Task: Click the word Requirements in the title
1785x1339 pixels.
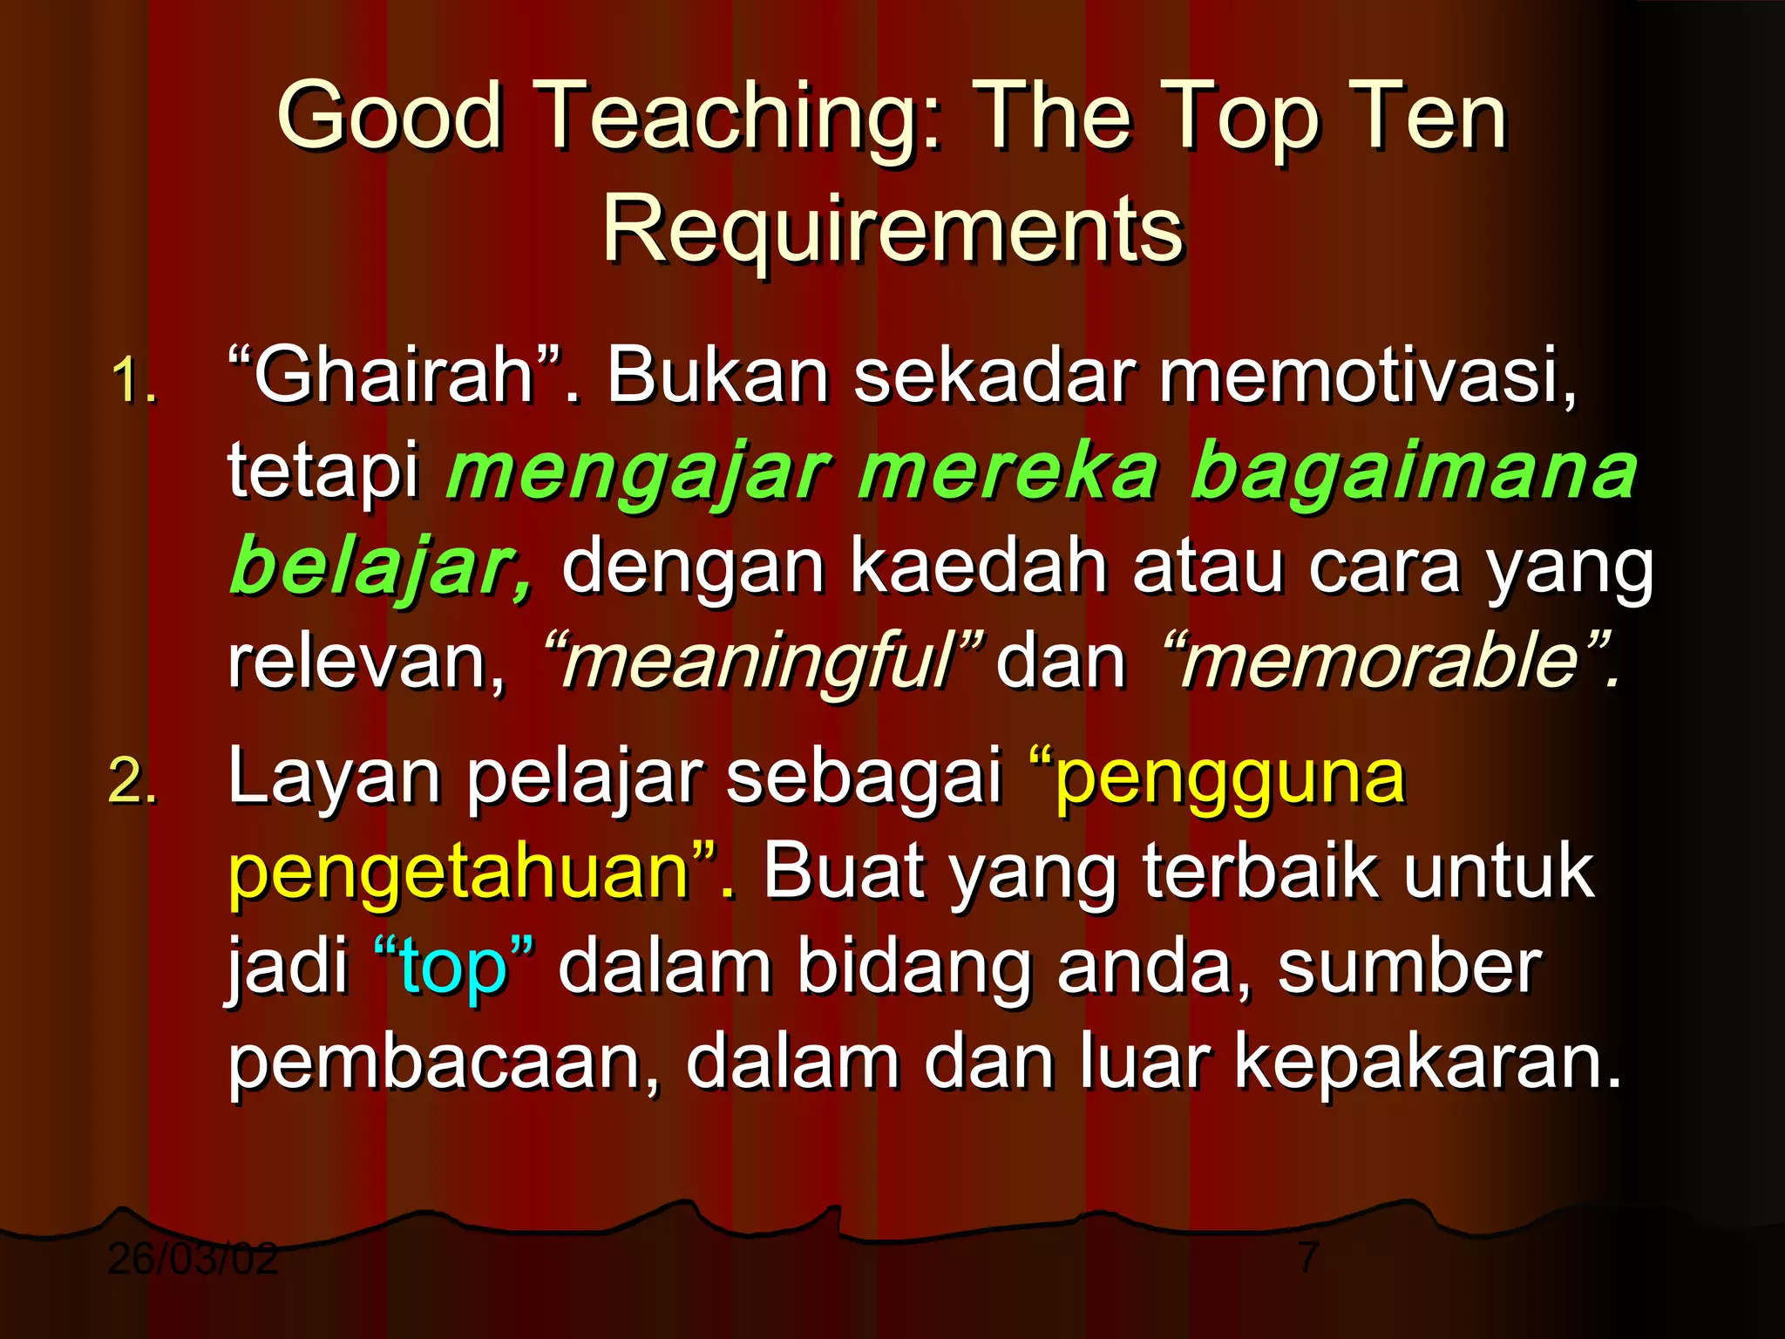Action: click(892, 229)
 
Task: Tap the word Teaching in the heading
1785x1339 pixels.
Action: click(740, 117)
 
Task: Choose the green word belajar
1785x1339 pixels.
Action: click(375, 568)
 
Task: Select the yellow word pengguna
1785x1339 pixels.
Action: click(1229, 778)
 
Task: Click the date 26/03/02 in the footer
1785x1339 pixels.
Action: click(193, 1258)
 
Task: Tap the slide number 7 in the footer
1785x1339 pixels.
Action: click(1307, 1258)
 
